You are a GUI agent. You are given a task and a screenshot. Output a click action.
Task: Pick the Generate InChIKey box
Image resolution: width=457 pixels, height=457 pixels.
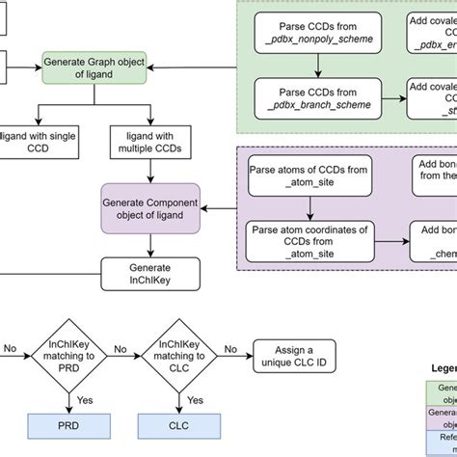tap(149, 275)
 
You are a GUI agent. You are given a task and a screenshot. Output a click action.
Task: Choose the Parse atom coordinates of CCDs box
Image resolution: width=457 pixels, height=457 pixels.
tap(308, 241)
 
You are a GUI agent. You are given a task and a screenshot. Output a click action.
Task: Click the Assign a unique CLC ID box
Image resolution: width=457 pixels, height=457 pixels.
tap(292, 358)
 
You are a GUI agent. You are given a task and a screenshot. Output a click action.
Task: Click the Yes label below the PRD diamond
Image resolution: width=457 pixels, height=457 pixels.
tap(87, 399)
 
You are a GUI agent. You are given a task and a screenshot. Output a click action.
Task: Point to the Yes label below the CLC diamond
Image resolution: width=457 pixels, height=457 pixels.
tap(195, 399)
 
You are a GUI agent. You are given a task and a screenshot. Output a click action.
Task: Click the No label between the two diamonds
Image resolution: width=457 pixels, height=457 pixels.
tap(121, 349)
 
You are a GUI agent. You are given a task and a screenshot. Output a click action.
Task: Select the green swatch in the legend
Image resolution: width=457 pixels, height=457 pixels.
tap(442, 392)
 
